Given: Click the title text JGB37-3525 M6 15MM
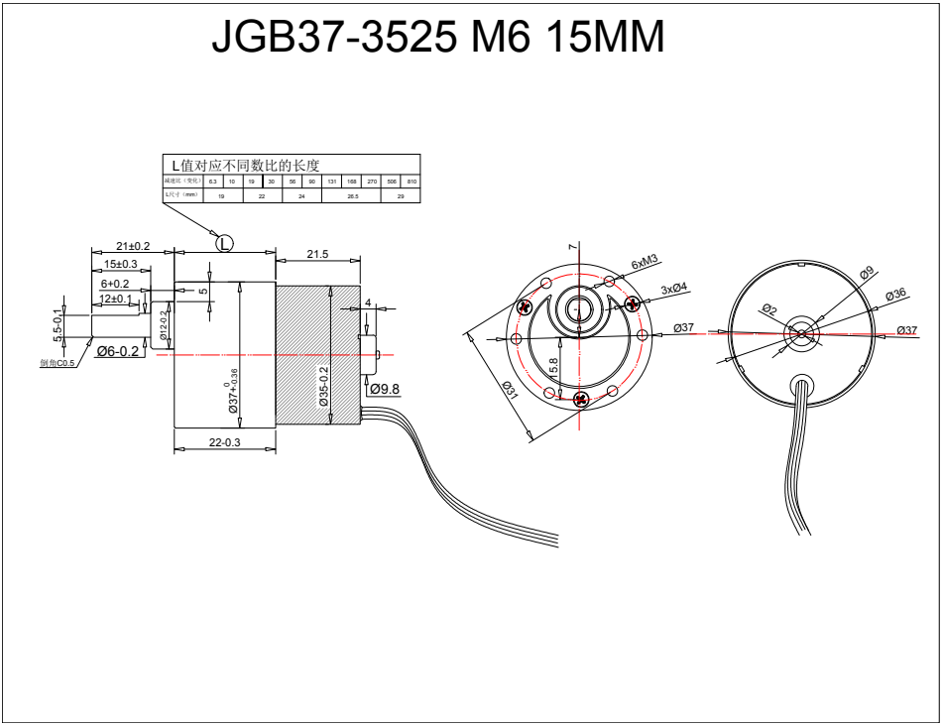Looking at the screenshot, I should (x=437, y=39).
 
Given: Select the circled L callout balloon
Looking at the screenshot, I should (x=224, y=242).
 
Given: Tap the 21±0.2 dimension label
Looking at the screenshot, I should (x=133, y=246).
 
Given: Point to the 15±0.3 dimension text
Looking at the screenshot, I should (x=121, y=264).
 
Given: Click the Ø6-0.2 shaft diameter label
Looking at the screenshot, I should (x=118, y=351).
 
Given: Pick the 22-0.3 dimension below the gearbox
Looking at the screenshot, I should (x=224, y=442).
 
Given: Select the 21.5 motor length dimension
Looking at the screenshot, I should (x=317, y=255).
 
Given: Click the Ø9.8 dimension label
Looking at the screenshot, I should (x=384, y=389).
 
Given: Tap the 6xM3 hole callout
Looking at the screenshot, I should (x=645, y=262).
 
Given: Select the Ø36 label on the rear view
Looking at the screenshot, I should (x=895, y=295).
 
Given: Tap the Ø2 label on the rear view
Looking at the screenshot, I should (x=770, y=309).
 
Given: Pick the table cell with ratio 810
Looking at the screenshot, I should (x=412, y=182).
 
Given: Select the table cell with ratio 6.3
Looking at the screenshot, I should (x=212, y=182).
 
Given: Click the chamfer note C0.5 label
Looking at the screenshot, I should (x=58, y=363).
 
